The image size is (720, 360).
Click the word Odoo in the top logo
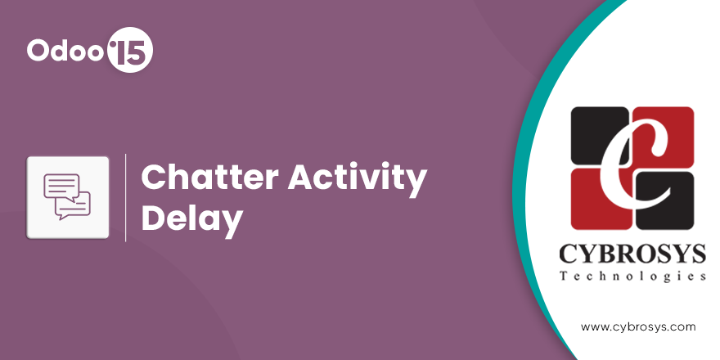point(65,50)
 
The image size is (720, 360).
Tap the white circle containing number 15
point(129,50)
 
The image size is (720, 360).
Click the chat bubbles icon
point(67,196)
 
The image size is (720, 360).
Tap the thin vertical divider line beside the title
point(125,197)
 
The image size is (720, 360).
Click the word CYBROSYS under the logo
point(632,254)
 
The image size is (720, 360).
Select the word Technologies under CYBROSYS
point(632,277)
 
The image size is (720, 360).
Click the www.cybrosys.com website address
point(638,327)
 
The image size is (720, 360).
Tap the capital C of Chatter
point(154,178)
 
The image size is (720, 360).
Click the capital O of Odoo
point(38,50)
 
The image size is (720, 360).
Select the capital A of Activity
point(301,178)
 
